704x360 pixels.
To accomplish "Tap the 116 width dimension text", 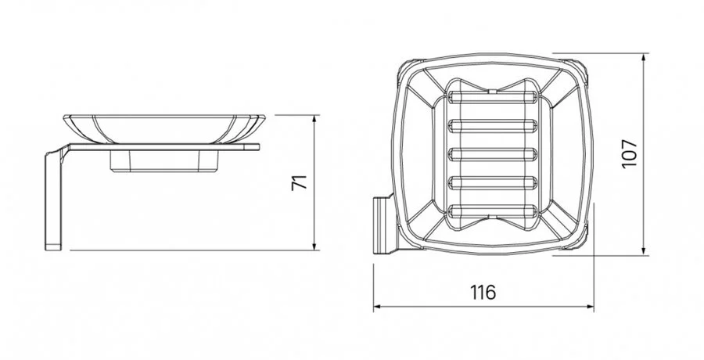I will pyautogui.click(x=483, y=293).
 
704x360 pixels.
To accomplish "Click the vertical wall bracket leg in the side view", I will pyautogui.click(x=52, y=200).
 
